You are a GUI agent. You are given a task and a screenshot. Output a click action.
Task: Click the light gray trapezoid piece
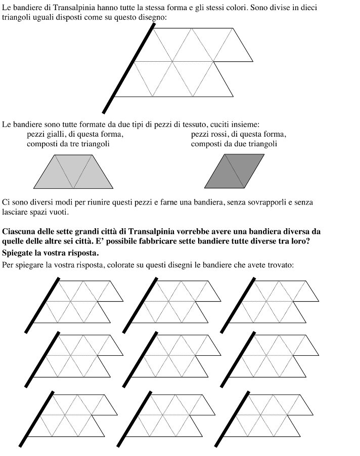[74, 172]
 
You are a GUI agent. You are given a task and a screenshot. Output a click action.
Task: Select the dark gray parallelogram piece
[234, 172]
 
